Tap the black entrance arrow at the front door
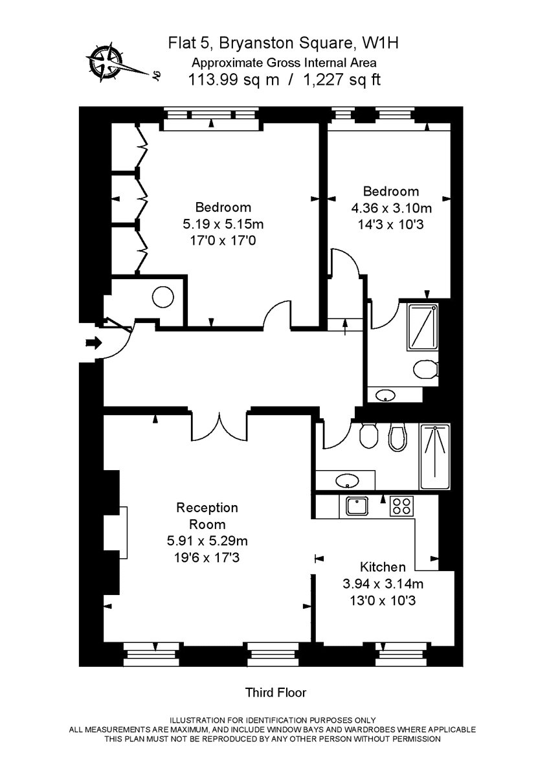click(94, 343)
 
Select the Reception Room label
click(207, 516)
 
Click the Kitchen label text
click(383, 567)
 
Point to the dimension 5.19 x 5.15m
click(223, 224)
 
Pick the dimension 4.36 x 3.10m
click(391, 208)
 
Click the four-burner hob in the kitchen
click(402, 506)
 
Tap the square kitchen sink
click(357, 506)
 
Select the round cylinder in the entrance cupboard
click(163, 297)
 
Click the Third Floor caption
click(276, 692)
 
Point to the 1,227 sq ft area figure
click(342, 80)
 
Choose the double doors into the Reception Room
click(219, 427)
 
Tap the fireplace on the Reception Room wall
click(124, 533)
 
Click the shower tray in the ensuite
click(421, 328)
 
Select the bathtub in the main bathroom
click(435, 457)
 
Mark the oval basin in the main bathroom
click(347, 480)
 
